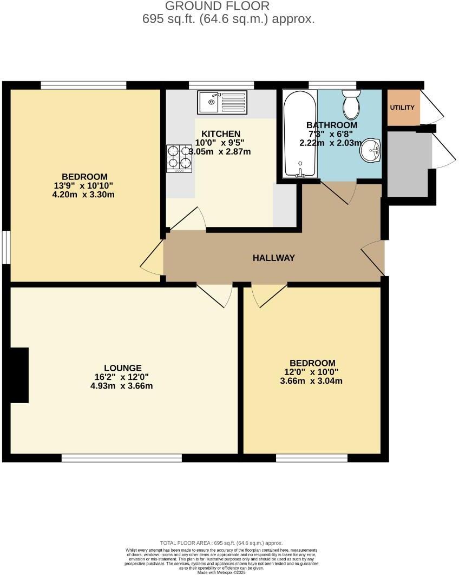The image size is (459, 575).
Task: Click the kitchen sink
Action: (x=222, y=102)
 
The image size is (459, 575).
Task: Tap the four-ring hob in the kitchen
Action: (x=179, y=158)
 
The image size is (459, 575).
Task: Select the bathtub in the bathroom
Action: (x=300, y=134)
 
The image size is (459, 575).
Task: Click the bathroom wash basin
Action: (x=371, y=150)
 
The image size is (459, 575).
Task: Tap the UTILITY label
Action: (x=402, y=108)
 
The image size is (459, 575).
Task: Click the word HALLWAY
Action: (x=274, y=258)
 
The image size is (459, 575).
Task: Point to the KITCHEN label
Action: (x=221, y=133)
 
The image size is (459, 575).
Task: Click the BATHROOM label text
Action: (x=332, y=125)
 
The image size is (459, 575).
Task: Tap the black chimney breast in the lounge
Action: (x=19, y=375)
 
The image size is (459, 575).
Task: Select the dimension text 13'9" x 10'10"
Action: (x=84, y=185)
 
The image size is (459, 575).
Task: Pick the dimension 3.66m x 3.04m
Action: (x=312, y=381)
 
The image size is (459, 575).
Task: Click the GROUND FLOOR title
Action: (x=217, y=6)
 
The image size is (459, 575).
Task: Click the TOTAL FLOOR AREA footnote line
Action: (x=221, y=543)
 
